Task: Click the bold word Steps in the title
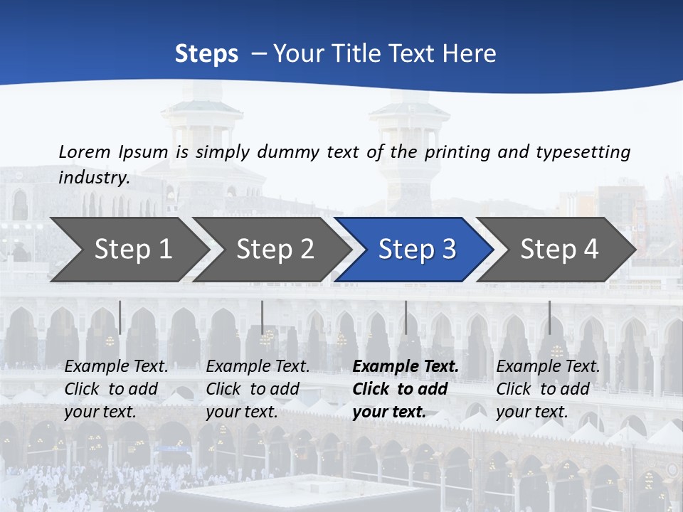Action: click(x=206, y=54)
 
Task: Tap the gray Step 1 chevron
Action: click(x=128, y=249)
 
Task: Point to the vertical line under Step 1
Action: click(x=120, y=317)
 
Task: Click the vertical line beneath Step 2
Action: click(x=262, y=317)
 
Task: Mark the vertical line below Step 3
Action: click(x=406, y=317)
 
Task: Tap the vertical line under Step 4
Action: click(x=549, y=317)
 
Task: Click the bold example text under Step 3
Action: click(x=405, y=389)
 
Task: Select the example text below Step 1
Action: click(x=116, y=389)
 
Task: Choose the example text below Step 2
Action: click(x=258, y=389)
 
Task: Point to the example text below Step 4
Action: click(x=548, y=389)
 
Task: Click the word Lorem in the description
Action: click(x=85, y=151)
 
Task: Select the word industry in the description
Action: click(x=93, y=177)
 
